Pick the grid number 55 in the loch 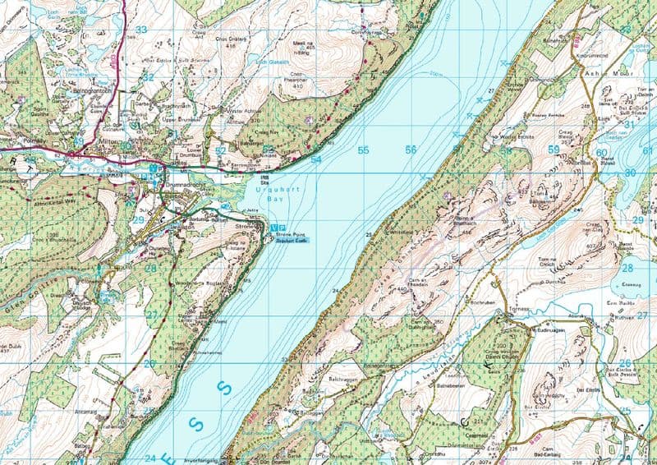pyautogui.click(x=363, y=150)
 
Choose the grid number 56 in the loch pyautogui.click(x=411, y=150)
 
